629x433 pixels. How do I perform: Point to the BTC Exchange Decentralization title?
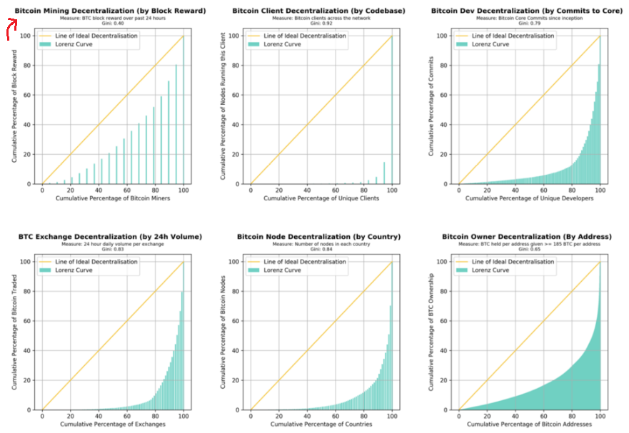point(110,237)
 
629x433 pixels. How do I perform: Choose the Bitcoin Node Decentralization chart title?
point(318,237)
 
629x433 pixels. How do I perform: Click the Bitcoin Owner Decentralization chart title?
point(527,237)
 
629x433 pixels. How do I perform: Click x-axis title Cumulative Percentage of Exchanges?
point(112,424)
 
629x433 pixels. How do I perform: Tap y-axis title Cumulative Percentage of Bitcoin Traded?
point(14,333)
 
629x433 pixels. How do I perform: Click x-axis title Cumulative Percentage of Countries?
point(321,424)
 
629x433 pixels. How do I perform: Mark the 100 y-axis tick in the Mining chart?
point(25,36)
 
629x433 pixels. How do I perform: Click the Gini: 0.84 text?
point(319,250)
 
